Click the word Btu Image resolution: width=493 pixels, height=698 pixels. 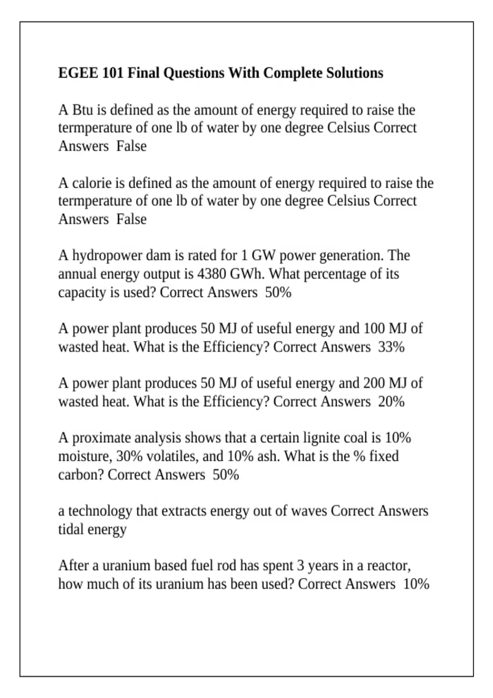point(83,110)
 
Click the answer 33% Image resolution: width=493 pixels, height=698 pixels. point(391,347)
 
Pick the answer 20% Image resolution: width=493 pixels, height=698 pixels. point(391,402)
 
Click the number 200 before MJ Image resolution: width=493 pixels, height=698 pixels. point(373,383)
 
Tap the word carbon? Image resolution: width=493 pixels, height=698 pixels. point(81,475)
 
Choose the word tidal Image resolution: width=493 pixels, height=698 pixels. point(71,529)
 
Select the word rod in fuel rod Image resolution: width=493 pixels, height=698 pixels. point(226,566)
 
